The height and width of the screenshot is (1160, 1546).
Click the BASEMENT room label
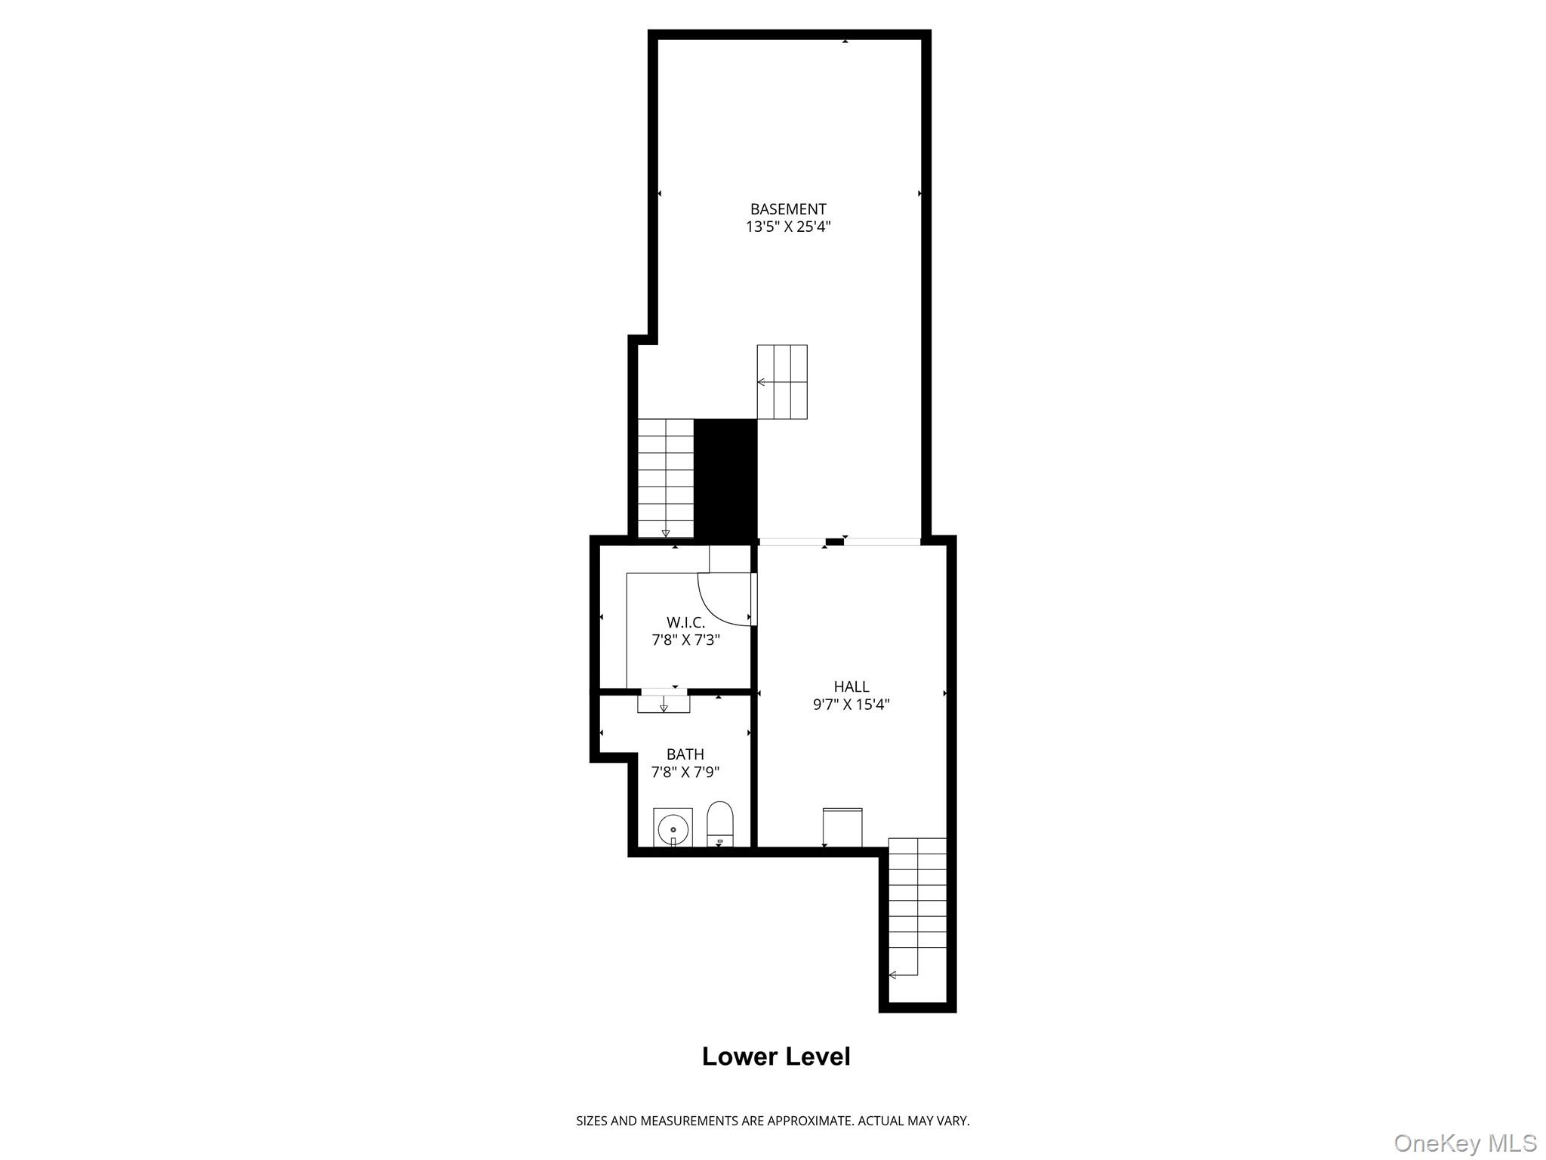click(787, 209)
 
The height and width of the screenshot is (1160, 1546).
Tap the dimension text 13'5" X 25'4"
click(787, 227)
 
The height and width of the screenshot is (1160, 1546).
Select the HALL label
click(851, 686)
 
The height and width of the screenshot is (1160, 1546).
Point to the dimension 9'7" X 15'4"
click(851, 705)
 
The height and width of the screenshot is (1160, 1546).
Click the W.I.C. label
click(685, 622)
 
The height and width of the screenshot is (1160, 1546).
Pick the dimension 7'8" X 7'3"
click(685, 640)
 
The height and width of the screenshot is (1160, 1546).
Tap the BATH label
click(685, 754)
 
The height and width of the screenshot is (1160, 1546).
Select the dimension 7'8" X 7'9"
click(685, 772)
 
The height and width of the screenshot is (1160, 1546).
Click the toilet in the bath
click(719, 823)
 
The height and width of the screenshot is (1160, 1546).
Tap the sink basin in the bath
click(673, 828)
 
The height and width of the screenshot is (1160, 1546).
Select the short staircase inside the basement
click(782, 381)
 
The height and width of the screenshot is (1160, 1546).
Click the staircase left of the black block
click(665, 477)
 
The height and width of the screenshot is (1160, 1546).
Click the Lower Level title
click(775, 1057)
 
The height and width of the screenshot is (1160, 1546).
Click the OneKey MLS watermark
click(1464, 1143)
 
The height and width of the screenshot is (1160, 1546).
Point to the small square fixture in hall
click(842, 827)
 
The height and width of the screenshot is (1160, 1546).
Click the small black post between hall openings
click(834, 541)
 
